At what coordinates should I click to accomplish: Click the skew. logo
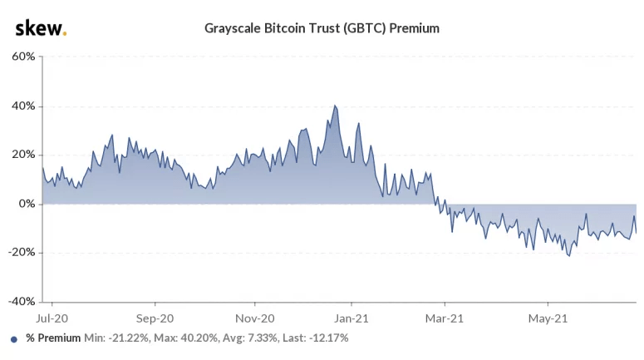pyautogui.click(x=41, y=28)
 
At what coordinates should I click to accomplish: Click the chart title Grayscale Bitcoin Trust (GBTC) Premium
pyautogui.click(x=322, y=28)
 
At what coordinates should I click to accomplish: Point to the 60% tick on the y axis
pyautogui.click(x=22, y=57)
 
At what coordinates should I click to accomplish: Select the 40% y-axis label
pyautogui.click(x=22, y=106)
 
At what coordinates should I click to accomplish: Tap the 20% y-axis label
pyautogui.click(x=22, y=155)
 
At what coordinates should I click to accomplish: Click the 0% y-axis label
pyautogui.click(x=26, y=204)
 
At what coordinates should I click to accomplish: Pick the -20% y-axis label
pyautogui.click(x=21, y=253)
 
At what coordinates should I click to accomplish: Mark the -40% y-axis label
pyautogui.click(x=21, y=301)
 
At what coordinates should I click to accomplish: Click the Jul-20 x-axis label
pyautogui.click(x=52, y=318)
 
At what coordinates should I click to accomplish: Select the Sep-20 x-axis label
pyautogui.click(x=155, y=318)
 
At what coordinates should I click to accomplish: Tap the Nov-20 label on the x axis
pyautogui.click(x=254, y=318)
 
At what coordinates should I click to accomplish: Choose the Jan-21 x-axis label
pyautogui.click(x=351, y=318)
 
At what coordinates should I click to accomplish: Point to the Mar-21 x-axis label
pyautogui.click(x=445, y=318)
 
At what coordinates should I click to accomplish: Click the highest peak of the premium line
pyautogui.click(x=334, y=106)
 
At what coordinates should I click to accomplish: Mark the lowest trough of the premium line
pyautogui.click(x=569, y=255)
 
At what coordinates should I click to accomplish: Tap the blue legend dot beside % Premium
pyautogui.click(x=14, y=339)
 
